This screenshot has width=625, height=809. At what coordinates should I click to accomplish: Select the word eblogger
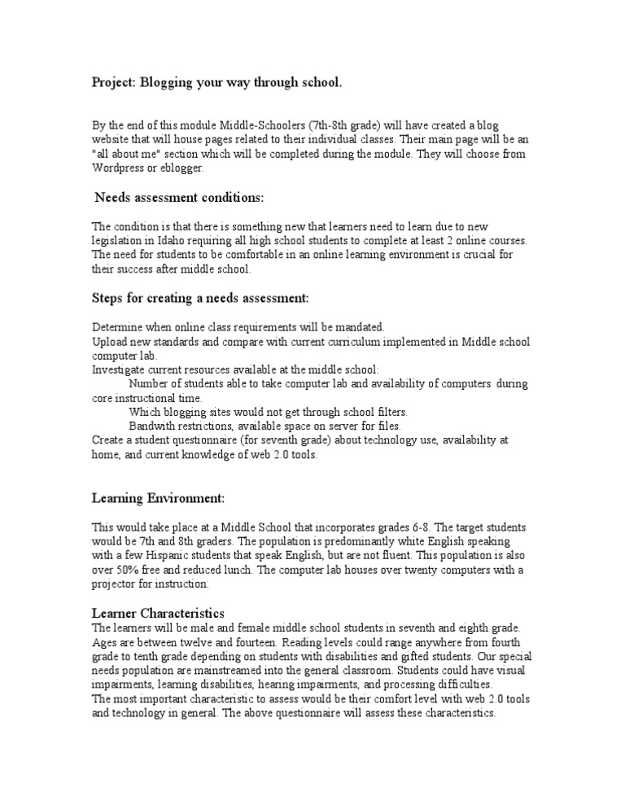(184, 168)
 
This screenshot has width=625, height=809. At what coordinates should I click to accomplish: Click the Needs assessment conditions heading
(179, 197)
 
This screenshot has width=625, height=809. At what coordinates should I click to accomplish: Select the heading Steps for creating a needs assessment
(199, 299)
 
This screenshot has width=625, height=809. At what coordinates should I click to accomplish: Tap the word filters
(388, 411)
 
